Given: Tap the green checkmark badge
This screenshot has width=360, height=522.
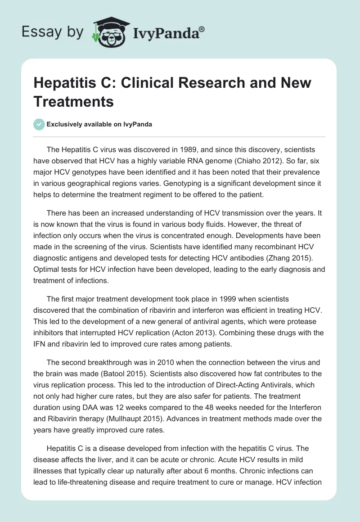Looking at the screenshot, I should [x=40, y=124].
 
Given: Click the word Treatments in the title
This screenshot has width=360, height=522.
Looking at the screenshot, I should [x=74, y=101].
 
